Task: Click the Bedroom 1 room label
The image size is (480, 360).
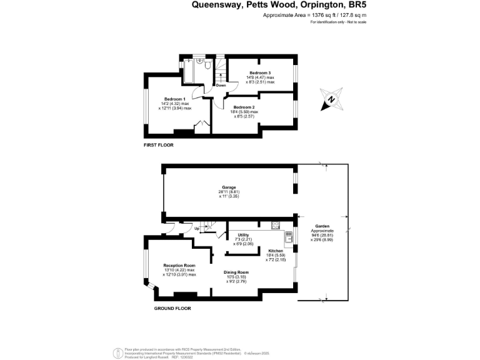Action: tap(175, 99)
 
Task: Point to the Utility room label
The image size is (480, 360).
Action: tap(243, 235)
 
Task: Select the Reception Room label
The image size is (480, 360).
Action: tap(179, 266)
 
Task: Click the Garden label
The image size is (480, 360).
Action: tap(322, 226)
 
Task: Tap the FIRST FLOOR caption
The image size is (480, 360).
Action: tap(158, 145)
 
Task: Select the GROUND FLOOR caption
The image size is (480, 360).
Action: tap(172, 309)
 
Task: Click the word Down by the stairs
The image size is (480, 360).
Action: tap(221, 86)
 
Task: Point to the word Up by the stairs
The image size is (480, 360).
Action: tap(197, 229)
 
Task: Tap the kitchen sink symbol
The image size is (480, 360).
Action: tap(289, 236)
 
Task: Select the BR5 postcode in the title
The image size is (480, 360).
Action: tap(356, 4)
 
